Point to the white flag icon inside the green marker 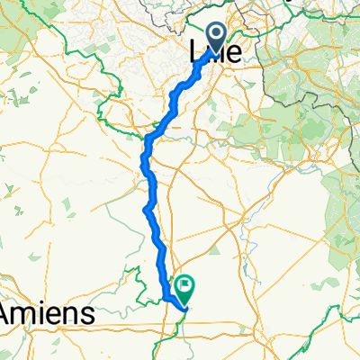185,285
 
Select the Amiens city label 46,313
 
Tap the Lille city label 217,54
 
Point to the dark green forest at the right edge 346,207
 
